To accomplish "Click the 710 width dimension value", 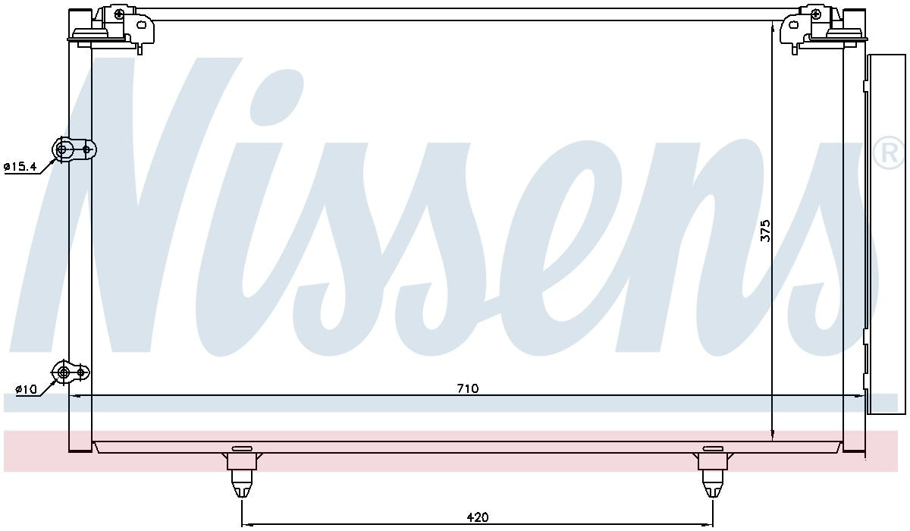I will coord(468,388).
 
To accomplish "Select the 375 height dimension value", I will coord(765,231).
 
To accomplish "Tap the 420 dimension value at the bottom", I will coord(476,517).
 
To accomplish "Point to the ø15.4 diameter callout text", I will coord(20,167).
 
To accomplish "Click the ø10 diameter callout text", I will coord(26,389).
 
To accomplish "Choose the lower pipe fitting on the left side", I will coord(70,372).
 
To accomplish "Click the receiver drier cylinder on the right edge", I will coord(886,234).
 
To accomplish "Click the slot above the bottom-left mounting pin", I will coord(241,448).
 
